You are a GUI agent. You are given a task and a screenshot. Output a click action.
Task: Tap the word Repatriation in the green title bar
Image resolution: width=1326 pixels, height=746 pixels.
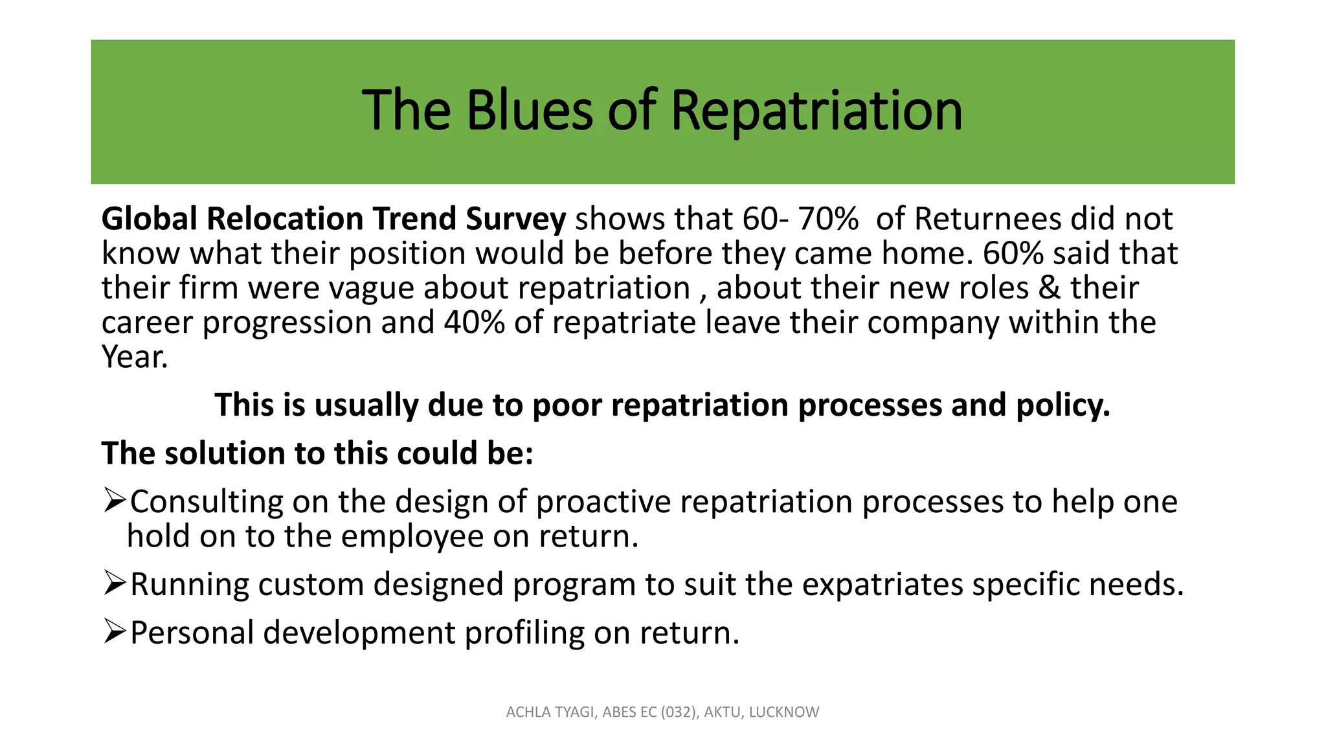[x=816, y=111]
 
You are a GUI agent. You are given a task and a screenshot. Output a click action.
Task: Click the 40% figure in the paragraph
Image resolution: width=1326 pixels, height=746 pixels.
[x=474, y=322]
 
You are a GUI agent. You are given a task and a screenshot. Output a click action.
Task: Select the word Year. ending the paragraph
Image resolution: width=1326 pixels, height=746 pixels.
[x=135, y=357]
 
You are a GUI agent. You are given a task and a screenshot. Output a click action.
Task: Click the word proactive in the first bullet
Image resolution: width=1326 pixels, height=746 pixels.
[x=603, y=502]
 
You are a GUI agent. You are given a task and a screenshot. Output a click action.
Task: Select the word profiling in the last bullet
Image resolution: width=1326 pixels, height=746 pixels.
[x=524, y=633]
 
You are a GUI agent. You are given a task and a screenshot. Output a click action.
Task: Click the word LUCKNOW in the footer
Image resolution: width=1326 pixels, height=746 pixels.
[x=783, y=712]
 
